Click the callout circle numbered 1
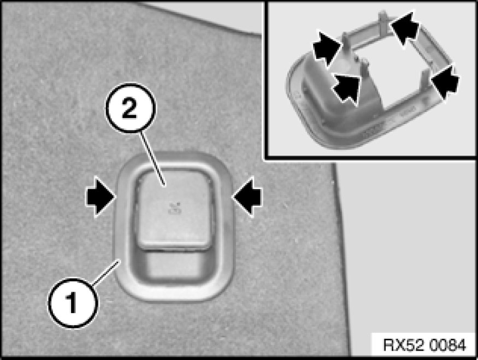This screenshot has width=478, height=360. point(73,303)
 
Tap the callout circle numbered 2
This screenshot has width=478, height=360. point(131,108)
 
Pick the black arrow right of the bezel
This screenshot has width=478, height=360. point(247,197)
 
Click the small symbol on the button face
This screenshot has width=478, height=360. point(175,209)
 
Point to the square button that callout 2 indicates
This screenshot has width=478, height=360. point(174,210)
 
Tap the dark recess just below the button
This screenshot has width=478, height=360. point(173,264)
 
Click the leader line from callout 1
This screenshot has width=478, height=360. point(106,273)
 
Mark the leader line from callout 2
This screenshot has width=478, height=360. point(153,158)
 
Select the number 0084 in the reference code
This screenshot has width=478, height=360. point(447,345)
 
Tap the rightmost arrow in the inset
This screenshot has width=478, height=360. point(445,81)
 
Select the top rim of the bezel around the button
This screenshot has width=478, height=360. point(174,159)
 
